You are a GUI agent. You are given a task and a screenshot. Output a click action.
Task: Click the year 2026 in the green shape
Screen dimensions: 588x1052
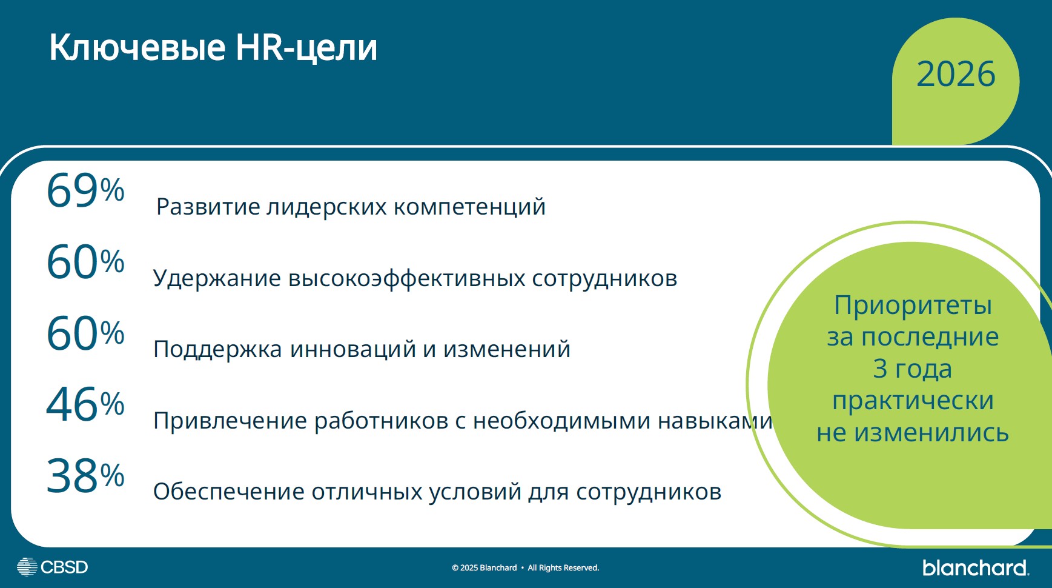pyautogui.click(x=955, y=75)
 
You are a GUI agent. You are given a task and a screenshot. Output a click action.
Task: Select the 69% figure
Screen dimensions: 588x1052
pyautogui.click(x=85, y=190)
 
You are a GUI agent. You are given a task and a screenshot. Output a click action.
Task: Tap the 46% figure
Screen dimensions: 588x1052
pyautogui.click(x=85, y=404)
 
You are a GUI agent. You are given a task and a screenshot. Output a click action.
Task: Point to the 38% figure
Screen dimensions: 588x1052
pyautogui.click(x=85, y=476)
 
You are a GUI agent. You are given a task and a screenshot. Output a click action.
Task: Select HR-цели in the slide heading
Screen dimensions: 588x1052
pyautogui.click(x=306, y=47)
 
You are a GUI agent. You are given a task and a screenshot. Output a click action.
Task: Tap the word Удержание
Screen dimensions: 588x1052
pyautogui.click(x=217, y=278)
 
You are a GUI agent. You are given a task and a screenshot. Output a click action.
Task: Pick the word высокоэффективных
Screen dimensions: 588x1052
pyautogui.click(x=406, y=278)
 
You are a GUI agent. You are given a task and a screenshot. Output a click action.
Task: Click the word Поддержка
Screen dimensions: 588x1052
pyautogui.click(x=217, y=349)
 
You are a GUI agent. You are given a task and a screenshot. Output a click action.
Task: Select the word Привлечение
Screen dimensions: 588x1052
pyautogui.click(x=230, y=421)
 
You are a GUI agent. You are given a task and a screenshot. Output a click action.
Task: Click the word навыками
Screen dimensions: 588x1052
pyautogui.click(x=715, y=421)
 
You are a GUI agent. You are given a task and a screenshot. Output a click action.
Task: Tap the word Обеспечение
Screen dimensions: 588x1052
pyautogui.click(x=228, y=492)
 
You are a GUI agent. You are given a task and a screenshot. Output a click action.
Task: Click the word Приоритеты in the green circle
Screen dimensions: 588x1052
pyautogui.click(x=913, y=305)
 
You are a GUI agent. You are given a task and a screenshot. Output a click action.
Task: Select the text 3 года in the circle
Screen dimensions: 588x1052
pyautogui.click(x=913, y=369)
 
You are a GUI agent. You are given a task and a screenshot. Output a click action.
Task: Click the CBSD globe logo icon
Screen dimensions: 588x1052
pyautogui.click(x=27, y=567)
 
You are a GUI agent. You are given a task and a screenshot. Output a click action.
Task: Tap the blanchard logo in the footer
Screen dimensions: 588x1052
pyautogui.click(x=974, y=567)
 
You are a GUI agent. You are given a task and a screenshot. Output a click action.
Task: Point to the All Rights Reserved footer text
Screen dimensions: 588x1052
pyautogui.click(x=563, y=568)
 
